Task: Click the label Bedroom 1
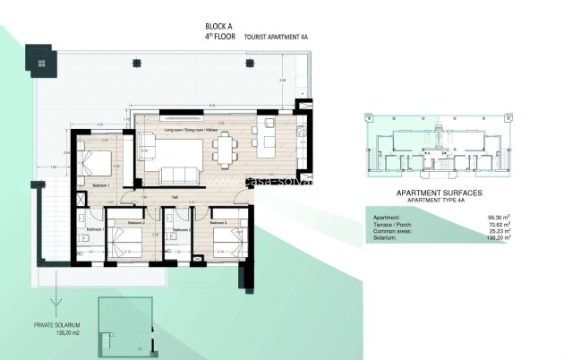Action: point(101,184)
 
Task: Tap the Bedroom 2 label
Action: point(135,221)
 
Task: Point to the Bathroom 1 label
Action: point(95,229)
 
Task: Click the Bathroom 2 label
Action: point(183,230)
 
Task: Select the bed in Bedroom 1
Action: point(96,163)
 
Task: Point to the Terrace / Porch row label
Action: point(391,224)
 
